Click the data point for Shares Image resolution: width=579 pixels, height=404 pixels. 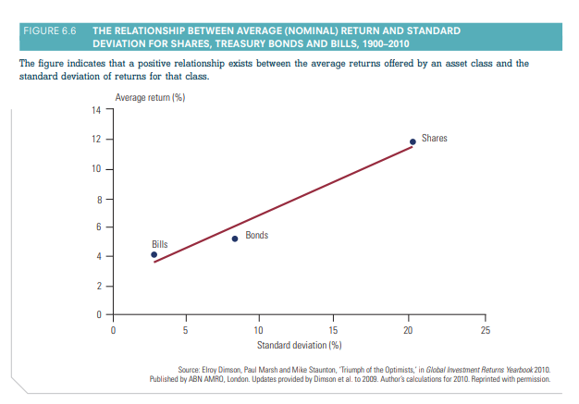click(x=413, y=141)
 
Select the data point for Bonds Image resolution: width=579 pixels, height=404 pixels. click(x=235, y=239)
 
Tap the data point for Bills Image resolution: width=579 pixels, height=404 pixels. click(x=154, y=254)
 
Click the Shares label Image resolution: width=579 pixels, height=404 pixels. click(x=434, y=139)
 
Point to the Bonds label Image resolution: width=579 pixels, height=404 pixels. click(x=257, y=236)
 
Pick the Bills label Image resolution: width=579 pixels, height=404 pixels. click(x=160, y=243)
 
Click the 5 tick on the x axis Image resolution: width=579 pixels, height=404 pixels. click(x=186, y=330)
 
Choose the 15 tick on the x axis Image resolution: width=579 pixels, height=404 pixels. click(x=334, y=330)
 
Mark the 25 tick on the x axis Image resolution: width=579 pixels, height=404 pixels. click(x=482, y=330)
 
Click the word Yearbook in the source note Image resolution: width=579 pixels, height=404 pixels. click(x=493, y=369)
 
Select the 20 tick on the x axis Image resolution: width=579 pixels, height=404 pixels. click(x=408, y=330)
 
